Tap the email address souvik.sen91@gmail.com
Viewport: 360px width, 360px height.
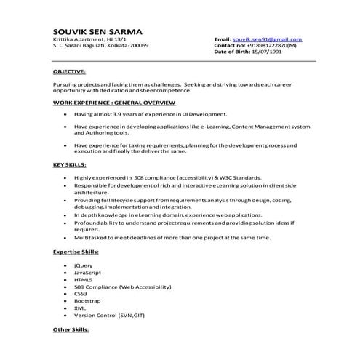point(266,39)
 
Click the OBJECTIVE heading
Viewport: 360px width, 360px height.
point(69,73)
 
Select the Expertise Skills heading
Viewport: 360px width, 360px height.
point(76,251)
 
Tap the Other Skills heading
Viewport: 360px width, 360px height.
point(71,330)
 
